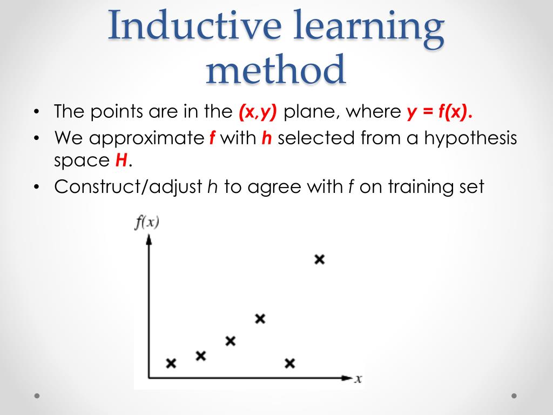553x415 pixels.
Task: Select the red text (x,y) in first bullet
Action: [x=257, y=112]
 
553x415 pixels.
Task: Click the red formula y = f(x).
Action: [x=439, y=112]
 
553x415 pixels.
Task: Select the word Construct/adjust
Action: [x=129, y=187]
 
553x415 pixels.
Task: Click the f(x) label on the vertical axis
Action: [x=146, y=223]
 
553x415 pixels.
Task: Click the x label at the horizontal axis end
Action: [x=358, y=379]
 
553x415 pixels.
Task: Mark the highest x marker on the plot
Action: [x=319, y=259]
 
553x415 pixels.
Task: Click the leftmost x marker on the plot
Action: [x=171, y=363]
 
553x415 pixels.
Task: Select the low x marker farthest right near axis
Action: [x=289, y=363]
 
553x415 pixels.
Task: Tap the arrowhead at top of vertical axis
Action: [x=149, y=239]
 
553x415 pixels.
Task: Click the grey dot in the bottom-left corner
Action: [x=37, y=396]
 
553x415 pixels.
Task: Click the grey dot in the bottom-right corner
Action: [x=514, y=396]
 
